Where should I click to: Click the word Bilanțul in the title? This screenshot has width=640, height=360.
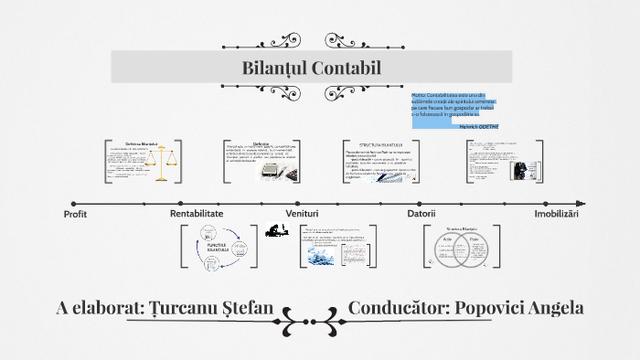tap(272, 69)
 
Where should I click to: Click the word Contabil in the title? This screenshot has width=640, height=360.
tap(345, 69)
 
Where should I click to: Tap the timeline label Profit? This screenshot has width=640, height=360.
tap(75, 214)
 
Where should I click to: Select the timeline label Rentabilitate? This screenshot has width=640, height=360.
tap(197, 213)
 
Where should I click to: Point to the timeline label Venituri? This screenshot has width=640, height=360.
tap(301, 213)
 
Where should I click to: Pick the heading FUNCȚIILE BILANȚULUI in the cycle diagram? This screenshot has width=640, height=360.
tap(217, 247)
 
